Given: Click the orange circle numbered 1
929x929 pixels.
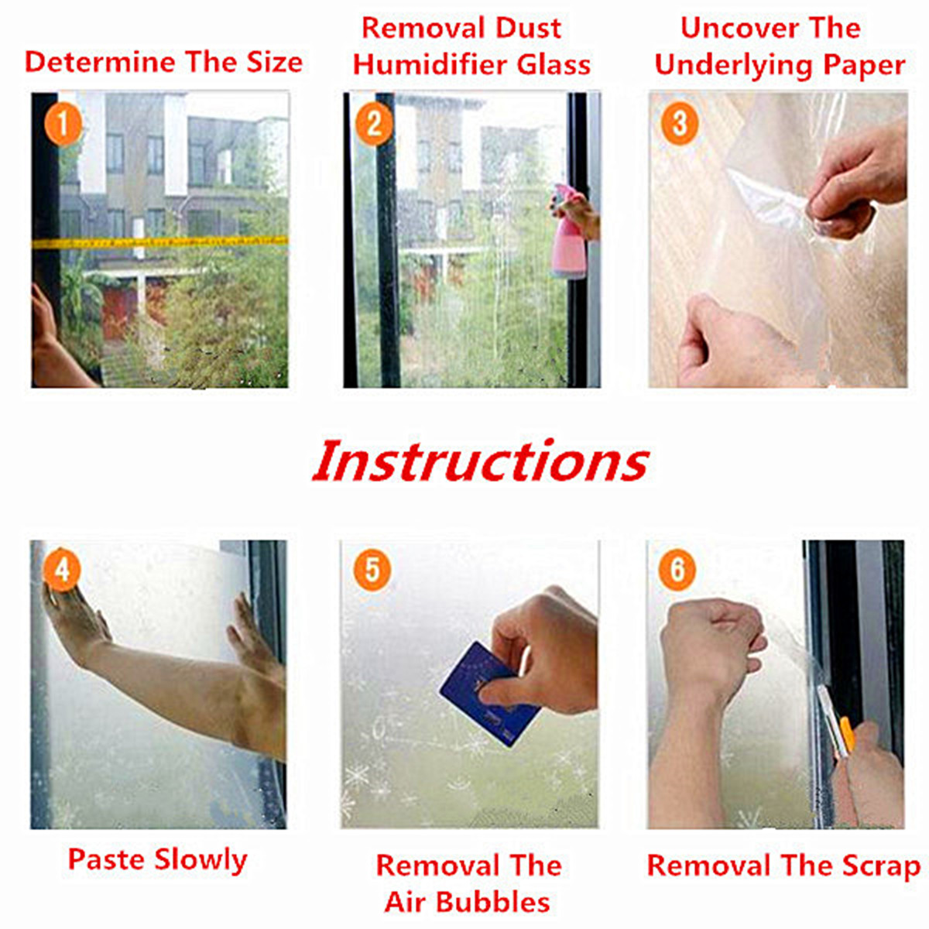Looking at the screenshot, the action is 63,125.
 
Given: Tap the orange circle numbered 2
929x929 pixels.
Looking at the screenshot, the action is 374,125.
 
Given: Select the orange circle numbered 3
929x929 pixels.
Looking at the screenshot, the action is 679,125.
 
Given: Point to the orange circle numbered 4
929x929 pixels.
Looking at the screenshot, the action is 62,571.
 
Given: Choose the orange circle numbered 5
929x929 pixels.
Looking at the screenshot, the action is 372,571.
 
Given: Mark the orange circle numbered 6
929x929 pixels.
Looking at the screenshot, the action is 677,571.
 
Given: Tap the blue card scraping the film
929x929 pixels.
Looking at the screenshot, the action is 489,693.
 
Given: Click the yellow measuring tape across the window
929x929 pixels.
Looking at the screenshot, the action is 160,242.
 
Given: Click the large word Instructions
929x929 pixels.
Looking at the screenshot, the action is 481,461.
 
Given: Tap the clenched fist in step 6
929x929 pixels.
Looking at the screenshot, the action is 712,641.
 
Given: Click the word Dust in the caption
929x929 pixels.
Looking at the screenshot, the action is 529,28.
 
